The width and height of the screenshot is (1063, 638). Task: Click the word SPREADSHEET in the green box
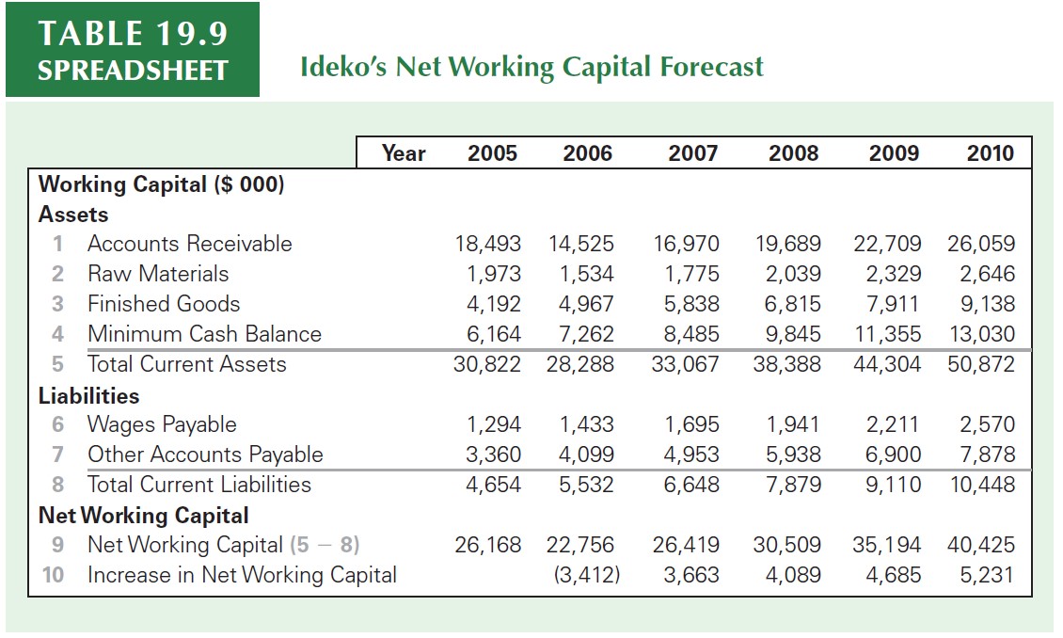coord(133,71)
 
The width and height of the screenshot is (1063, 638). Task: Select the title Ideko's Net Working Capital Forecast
coord(531,67)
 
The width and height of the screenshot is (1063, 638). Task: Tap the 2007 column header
coord(692,153)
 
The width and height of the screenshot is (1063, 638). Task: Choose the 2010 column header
coord(991,153)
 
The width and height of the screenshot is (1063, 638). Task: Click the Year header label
coord(404,153)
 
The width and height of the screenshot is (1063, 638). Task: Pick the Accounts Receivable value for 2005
coord(487,244)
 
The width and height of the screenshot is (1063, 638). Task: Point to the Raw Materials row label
coord(158,274)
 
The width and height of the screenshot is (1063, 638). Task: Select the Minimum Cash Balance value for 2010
coord(981,334)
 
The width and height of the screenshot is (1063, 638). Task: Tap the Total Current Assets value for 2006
coord(579,364)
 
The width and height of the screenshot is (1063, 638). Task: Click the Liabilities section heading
coord(88,395)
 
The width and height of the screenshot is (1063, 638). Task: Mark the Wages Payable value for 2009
coord(892,424)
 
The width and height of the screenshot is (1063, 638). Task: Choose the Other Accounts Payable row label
coord(205,455)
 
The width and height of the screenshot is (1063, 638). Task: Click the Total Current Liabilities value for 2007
coord(691,485)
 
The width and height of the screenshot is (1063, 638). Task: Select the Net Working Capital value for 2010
coord(981,545)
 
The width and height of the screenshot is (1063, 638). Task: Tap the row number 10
coord(56,575)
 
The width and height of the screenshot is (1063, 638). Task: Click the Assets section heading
coord(73,215)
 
